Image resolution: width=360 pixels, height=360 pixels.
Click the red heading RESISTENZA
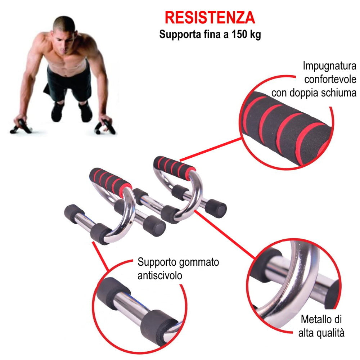pos(210,18)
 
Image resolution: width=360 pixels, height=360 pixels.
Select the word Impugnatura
pos(329,66)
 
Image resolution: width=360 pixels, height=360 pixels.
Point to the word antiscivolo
pos(160,275)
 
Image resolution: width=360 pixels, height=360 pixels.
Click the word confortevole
pos(330,80)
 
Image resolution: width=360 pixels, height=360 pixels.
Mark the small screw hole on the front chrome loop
pos(130,222)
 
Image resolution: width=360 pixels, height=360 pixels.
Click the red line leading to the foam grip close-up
pos(211,149)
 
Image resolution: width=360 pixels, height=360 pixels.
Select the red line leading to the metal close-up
pos(225,235)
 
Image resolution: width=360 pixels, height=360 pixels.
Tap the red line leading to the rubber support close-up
pos(100,256)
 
